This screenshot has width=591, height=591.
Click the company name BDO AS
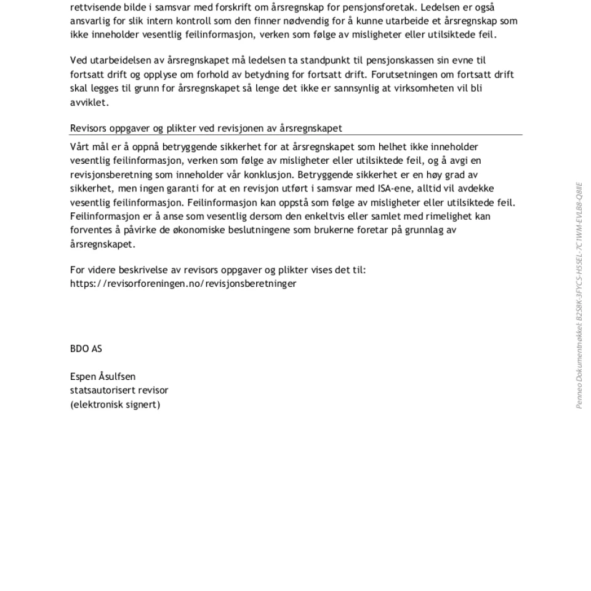point(86,349)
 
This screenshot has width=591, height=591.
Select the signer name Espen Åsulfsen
point(103,377)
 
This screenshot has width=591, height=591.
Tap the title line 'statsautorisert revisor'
point(119,390)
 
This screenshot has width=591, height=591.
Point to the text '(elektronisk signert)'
point(115,404)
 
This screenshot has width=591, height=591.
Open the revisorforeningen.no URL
point(183,284)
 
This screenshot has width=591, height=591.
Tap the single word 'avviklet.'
point(89,102)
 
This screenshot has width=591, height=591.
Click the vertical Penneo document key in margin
point(579,295)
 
